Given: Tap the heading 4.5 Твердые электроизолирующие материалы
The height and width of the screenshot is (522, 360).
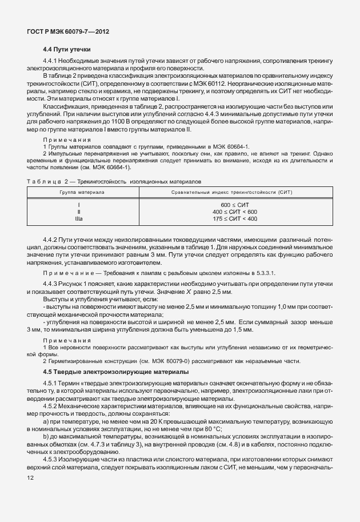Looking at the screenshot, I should [x=105, y=372].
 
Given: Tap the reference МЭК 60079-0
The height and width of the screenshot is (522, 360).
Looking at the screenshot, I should [x=162, y=361].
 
